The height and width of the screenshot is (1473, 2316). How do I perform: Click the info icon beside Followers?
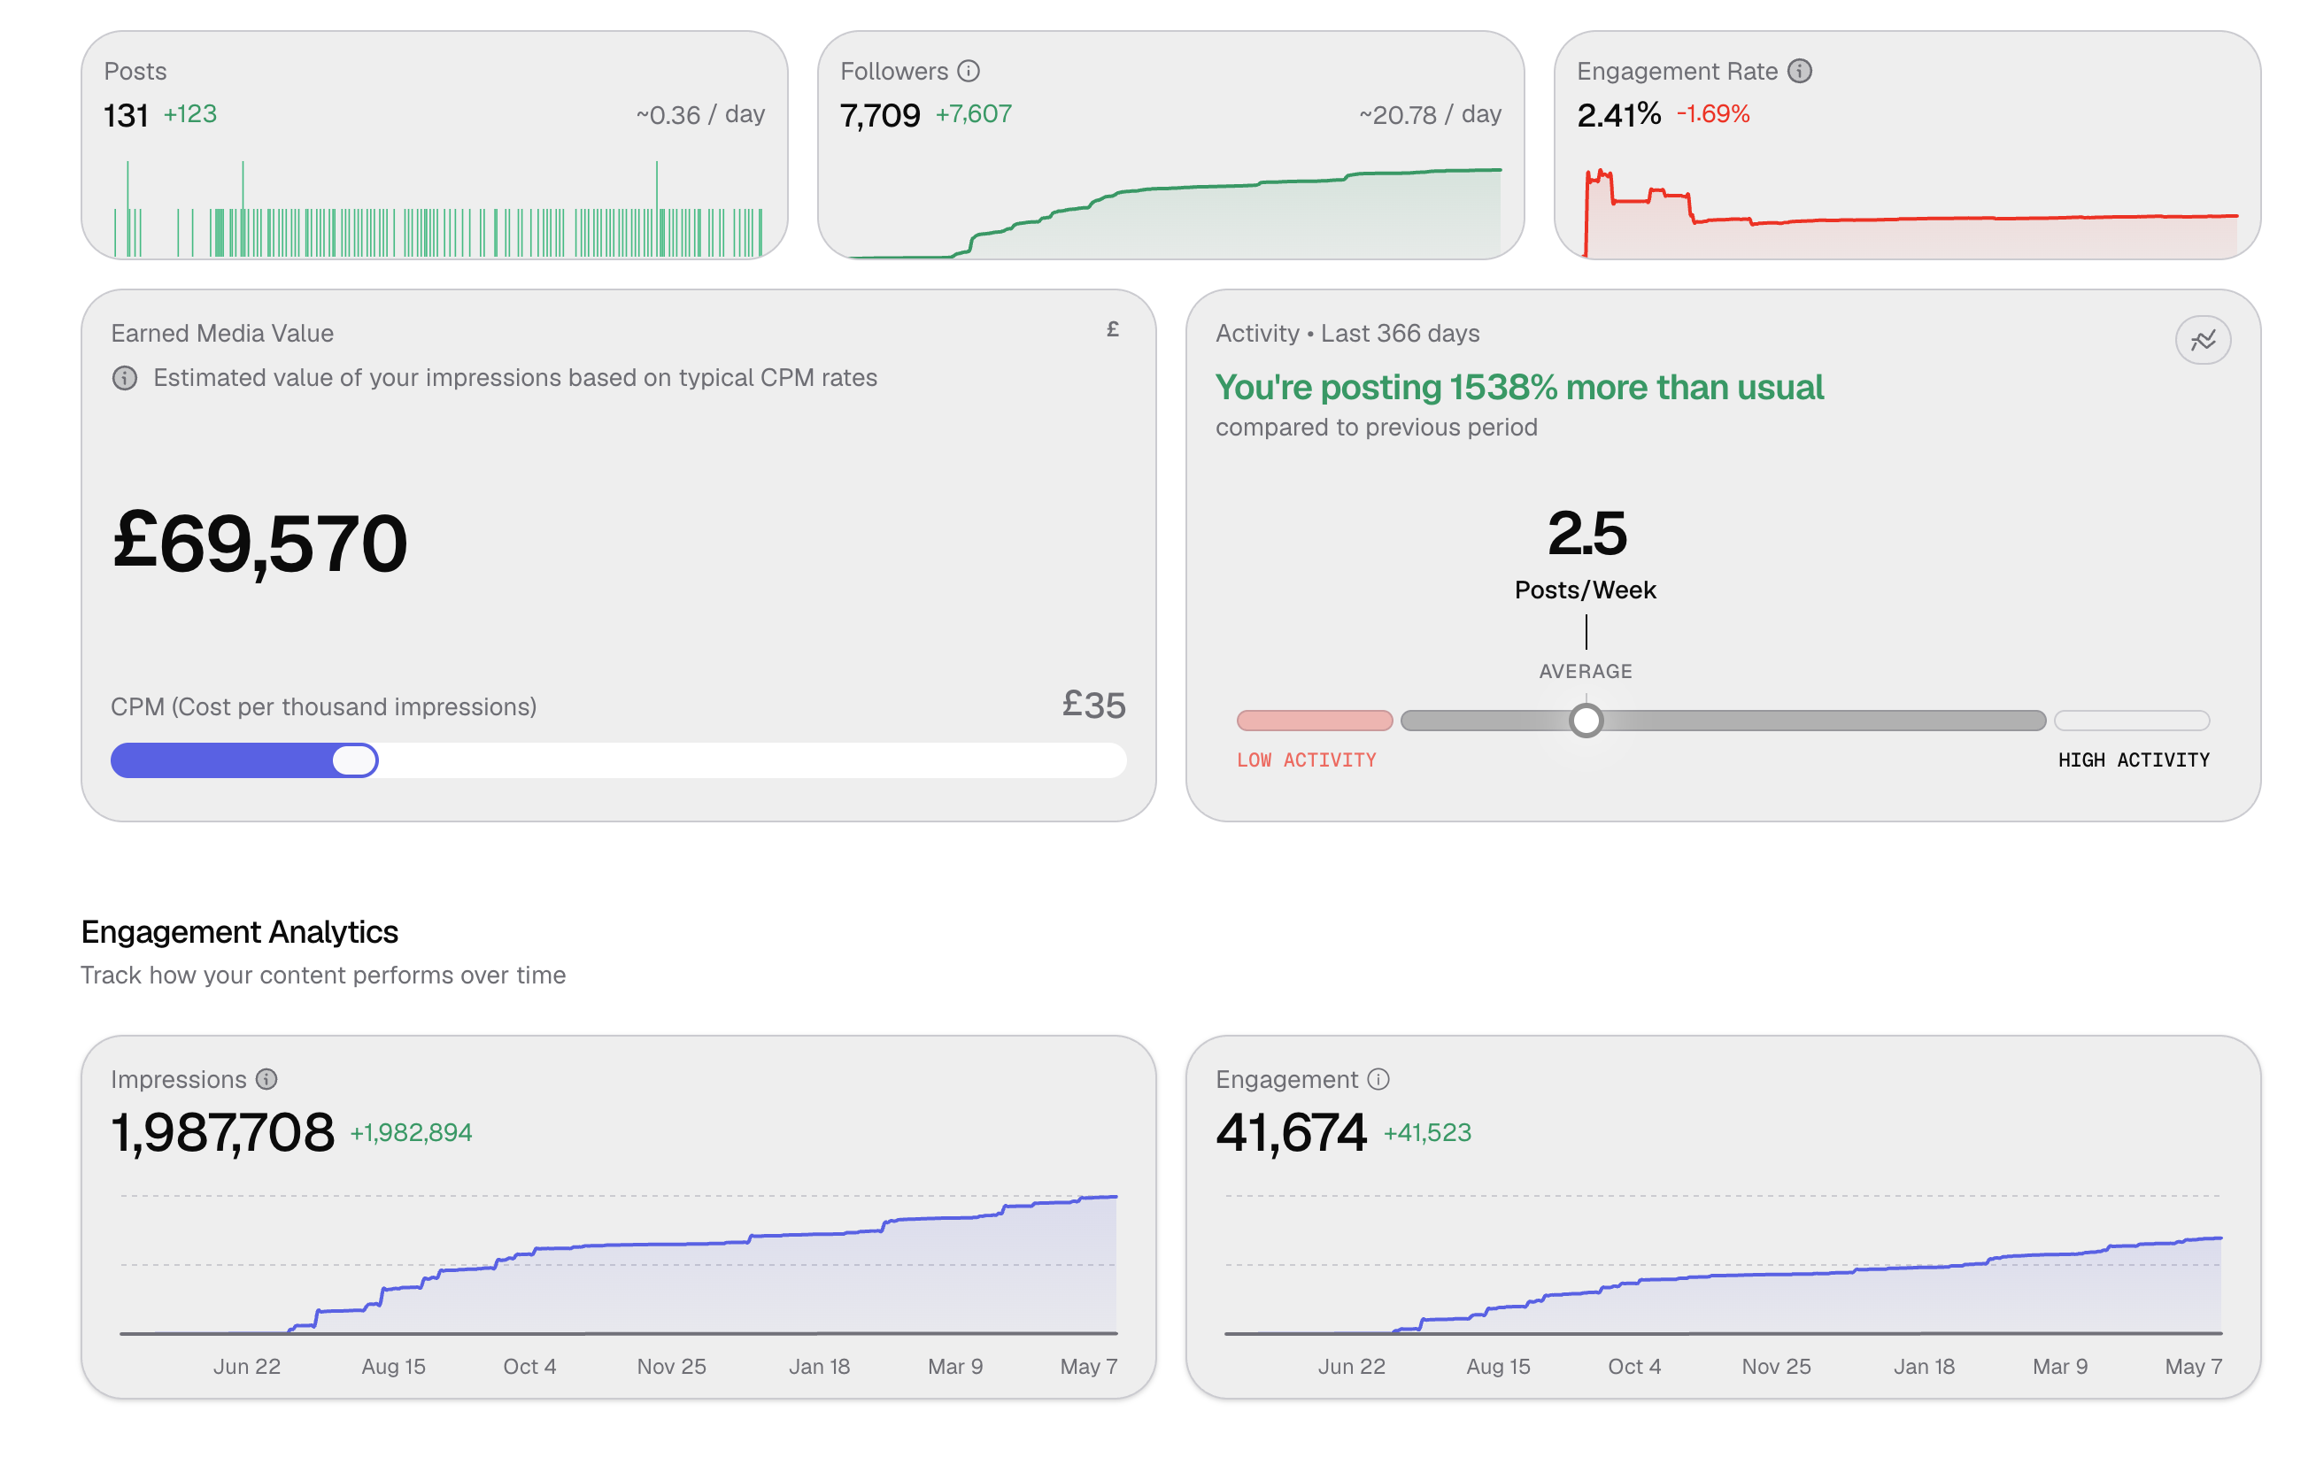click(x=969, y=71)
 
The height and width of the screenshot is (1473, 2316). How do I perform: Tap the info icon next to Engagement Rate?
click(x=1800, y=71)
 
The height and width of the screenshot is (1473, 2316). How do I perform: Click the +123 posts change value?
click(x=189, y=113)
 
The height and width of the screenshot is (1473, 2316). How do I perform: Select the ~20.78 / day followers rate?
click(x=1429, y=114)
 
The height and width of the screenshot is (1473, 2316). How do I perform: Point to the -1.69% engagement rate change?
click(x=1713, y=113)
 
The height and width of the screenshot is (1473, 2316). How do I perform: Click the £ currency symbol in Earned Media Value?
click(x=1113, y=330)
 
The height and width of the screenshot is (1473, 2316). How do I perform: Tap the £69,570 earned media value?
click(x=259, y=544)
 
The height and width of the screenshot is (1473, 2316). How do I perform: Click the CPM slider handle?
click(x=355, y=760)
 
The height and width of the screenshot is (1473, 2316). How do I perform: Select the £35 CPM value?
click(x=1093, y=705)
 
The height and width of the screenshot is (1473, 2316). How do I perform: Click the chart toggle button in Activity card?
click(x=2203, y=341)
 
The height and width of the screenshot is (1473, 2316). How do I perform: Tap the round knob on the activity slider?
click(x=1586, y=721)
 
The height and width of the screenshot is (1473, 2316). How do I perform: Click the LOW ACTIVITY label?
click(x=1306, y=760)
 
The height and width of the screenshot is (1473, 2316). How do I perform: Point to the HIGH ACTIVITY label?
click(x=2134, y=760)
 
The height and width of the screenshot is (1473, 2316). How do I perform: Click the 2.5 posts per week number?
click(x=1587, y=534)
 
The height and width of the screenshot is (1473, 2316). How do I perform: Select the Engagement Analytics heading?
click(x=240, y=931)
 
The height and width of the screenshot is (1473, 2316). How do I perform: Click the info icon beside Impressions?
click(x=266, y=1079)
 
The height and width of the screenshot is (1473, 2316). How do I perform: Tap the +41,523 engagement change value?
click(x=1427, y=1132)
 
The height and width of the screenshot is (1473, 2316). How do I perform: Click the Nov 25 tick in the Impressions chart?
click(x=671, y=1366)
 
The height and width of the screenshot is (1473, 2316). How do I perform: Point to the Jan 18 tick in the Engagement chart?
click(x=1924, y=1366)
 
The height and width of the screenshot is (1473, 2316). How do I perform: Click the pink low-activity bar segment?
click(x=1315, y=721)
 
